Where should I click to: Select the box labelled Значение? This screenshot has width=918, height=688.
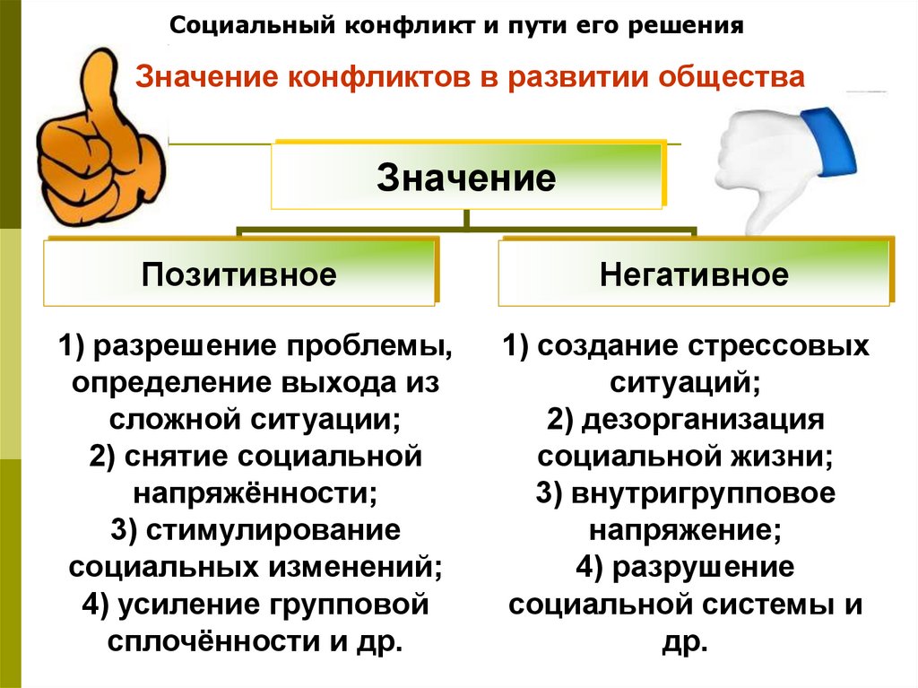[466, 176]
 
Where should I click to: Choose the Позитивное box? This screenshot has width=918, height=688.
[239, 274]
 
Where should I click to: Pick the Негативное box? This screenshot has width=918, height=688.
[694, 274]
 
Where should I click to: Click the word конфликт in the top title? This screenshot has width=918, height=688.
[407, 24]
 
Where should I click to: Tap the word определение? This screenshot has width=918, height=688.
[162, 383]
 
